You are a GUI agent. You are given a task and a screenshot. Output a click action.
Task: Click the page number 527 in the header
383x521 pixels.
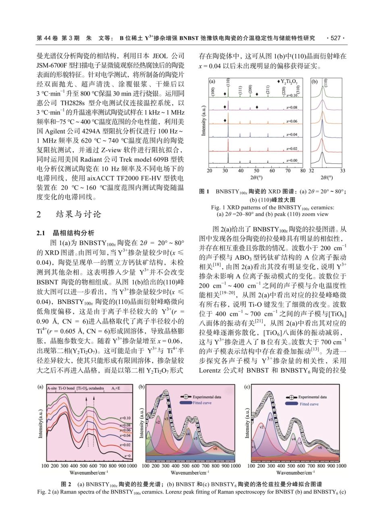click(x=335, y=38)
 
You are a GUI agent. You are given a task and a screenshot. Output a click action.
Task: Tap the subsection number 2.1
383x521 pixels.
click(x=42, y=233)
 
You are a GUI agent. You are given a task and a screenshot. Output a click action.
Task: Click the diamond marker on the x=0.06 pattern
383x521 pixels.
click(x=225, y=121)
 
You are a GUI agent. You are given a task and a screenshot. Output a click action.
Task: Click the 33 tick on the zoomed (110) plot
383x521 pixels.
click(x=342, y=171)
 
